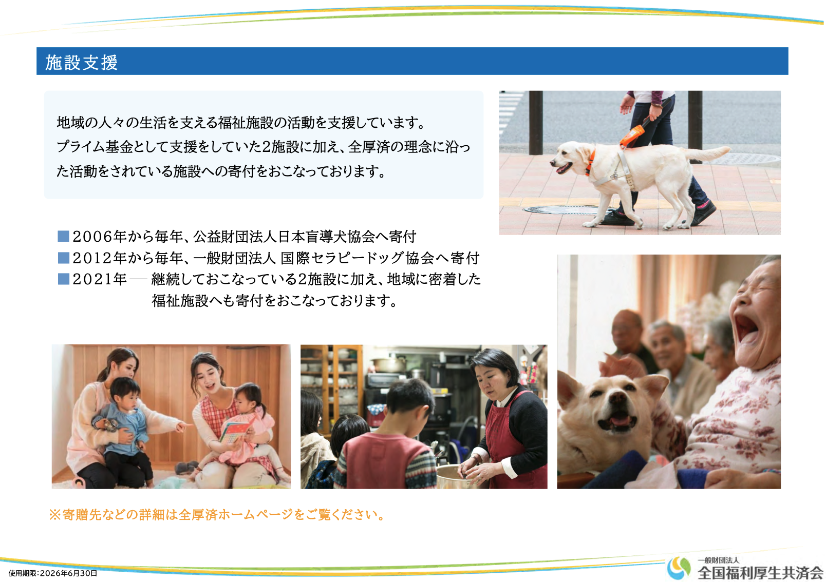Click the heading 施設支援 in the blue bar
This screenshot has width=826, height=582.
[x=81, y=62]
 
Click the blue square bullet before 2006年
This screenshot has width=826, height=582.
[x=63, y=237]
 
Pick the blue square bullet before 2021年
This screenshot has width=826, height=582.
[x=63, y=279]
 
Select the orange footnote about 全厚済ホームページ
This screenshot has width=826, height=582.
[x=217, y=514]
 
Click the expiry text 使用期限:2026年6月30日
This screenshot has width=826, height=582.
[x=53, y=573]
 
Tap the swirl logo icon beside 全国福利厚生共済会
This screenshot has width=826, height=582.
[x=679, y=568]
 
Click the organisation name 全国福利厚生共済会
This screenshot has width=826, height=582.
[x=761, y=573]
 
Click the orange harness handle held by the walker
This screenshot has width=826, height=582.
[x=633, y=135]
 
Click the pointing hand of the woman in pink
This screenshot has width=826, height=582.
[x=182, y=426]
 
